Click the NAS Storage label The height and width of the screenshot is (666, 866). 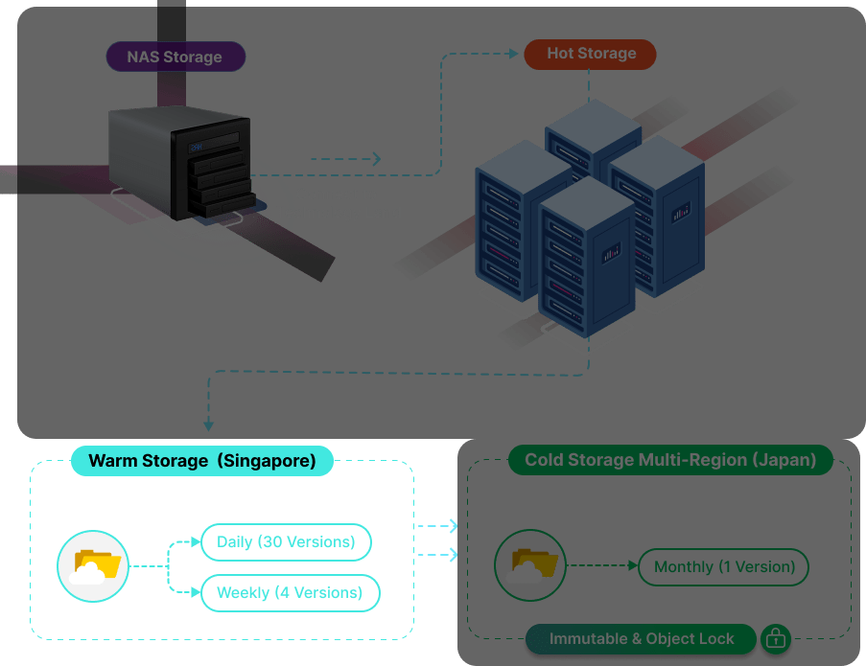174,57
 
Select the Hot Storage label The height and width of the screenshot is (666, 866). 590,54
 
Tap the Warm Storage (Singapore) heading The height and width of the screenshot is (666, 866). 201,461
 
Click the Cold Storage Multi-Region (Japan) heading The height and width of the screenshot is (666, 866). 670,460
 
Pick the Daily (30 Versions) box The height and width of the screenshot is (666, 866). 286,542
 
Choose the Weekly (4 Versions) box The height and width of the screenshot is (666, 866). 290,592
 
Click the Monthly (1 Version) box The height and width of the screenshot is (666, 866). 724,566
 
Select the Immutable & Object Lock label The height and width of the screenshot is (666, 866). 642,638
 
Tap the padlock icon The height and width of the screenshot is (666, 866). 776,638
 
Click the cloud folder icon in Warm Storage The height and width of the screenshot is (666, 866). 93,566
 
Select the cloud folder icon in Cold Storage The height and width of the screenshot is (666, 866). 530,566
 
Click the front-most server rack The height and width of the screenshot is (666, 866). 586,254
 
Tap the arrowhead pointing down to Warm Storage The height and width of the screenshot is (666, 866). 208,425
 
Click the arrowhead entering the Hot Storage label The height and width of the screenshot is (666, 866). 517,54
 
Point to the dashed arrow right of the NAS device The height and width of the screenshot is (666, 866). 345,159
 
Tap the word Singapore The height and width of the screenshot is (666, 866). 265,461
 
